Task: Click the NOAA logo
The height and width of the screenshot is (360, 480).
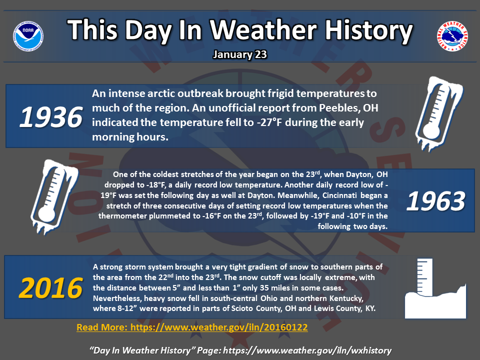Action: point(28,36)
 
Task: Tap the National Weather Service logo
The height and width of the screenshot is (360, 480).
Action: point(452,36)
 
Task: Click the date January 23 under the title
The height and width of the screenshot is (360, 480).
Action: point(240,54)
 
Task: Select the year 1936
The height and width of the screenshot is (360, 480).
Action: point(51,117)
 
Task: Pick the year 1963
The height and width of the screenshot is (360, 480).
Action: point(435,201)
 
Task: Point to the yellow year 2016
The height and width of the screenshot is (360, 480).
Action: point(51,288)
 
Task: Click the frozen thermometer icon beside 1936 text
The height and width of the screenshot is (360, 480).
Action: point(439,113)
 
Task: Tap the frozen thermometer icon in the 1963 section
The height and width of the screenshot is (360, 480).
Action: point(54,197)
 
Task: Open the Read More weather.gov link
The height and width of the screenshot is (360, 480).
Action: point(192,327)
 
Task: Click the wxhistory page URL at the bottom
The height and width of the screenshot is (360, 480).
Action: point(307,350)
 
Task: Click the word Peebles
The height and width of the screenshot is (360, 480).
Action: point(336,108)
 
